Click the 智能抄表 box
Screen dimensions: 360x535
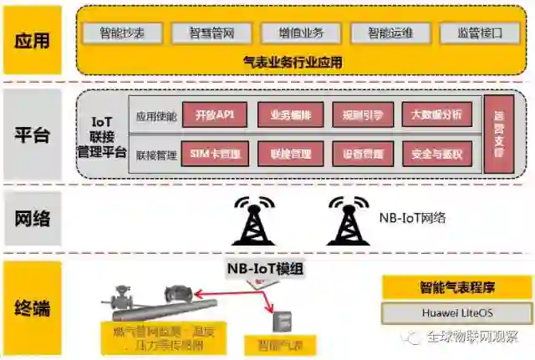(122, 33)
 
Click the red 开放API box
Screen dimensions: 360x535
(215, 115)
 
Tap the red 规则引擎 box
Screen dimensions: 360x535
(357, 115)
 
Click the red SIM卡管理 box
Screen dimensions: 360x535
(215, 154)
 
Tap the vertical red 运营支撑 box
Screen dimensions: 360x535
(499, 134)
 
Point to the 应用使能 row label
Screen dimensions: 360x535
(156, 115)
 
